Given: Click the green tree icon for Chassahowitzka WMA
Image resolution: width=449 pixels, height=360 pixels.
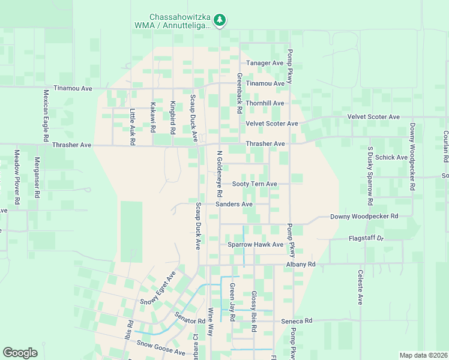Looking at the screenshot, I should [220, 20].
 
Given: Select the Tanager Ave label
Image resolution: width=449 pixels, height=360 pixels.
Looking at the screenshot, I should [265, 63].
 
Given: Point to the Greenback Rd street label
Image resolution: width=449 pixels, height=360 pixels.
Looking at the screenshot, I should [239, 94].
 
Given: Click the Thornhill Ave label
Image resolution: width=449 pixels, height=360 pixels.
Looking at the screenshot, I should [265, 103].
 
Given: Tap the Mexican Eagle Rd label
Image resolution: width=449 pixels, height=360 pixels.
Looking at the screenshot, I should [45, 116].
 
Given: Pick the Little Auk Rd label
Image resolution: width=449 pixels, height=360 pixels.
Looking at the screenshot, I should [133, 127].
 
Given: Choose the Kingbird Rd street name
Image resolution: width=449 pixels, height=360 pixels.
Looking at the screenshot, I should [172, 117].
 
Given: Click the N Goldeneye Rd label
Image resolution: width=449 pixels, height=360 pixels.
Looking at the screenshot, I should [219, 174].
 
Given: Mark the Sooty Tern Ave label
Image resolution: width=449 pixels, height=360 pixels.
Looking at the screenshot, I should [255, 184].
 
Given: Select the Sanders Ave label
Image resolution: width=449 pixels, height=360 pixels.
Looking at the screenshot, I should [234, 204].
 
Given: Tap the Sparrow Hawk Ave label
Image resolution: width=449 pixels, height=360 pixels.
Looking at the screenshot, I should [255, 245].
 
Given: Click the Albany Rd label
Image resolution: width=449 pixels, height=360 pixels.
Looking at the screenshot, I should [301, 264].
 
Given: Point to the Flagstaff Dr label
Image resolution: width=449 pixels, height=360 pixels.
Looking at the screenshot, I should [366, 238].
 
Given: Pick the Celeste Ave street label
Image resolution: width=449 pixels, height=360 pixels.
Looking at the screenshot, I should [360, 287].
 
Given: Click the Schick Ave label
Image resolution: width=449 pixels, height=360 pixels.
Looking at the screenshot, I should [393, 158].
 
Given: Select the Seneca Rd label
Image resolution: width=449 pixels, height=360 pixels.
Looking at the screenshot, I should [297, 321].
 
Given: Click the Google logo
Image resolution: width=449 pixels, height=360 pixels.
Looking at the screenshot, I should [20, 353].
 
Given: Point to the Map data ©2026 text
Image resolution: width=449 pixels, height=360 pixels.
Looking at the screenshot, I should [423, 355].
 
